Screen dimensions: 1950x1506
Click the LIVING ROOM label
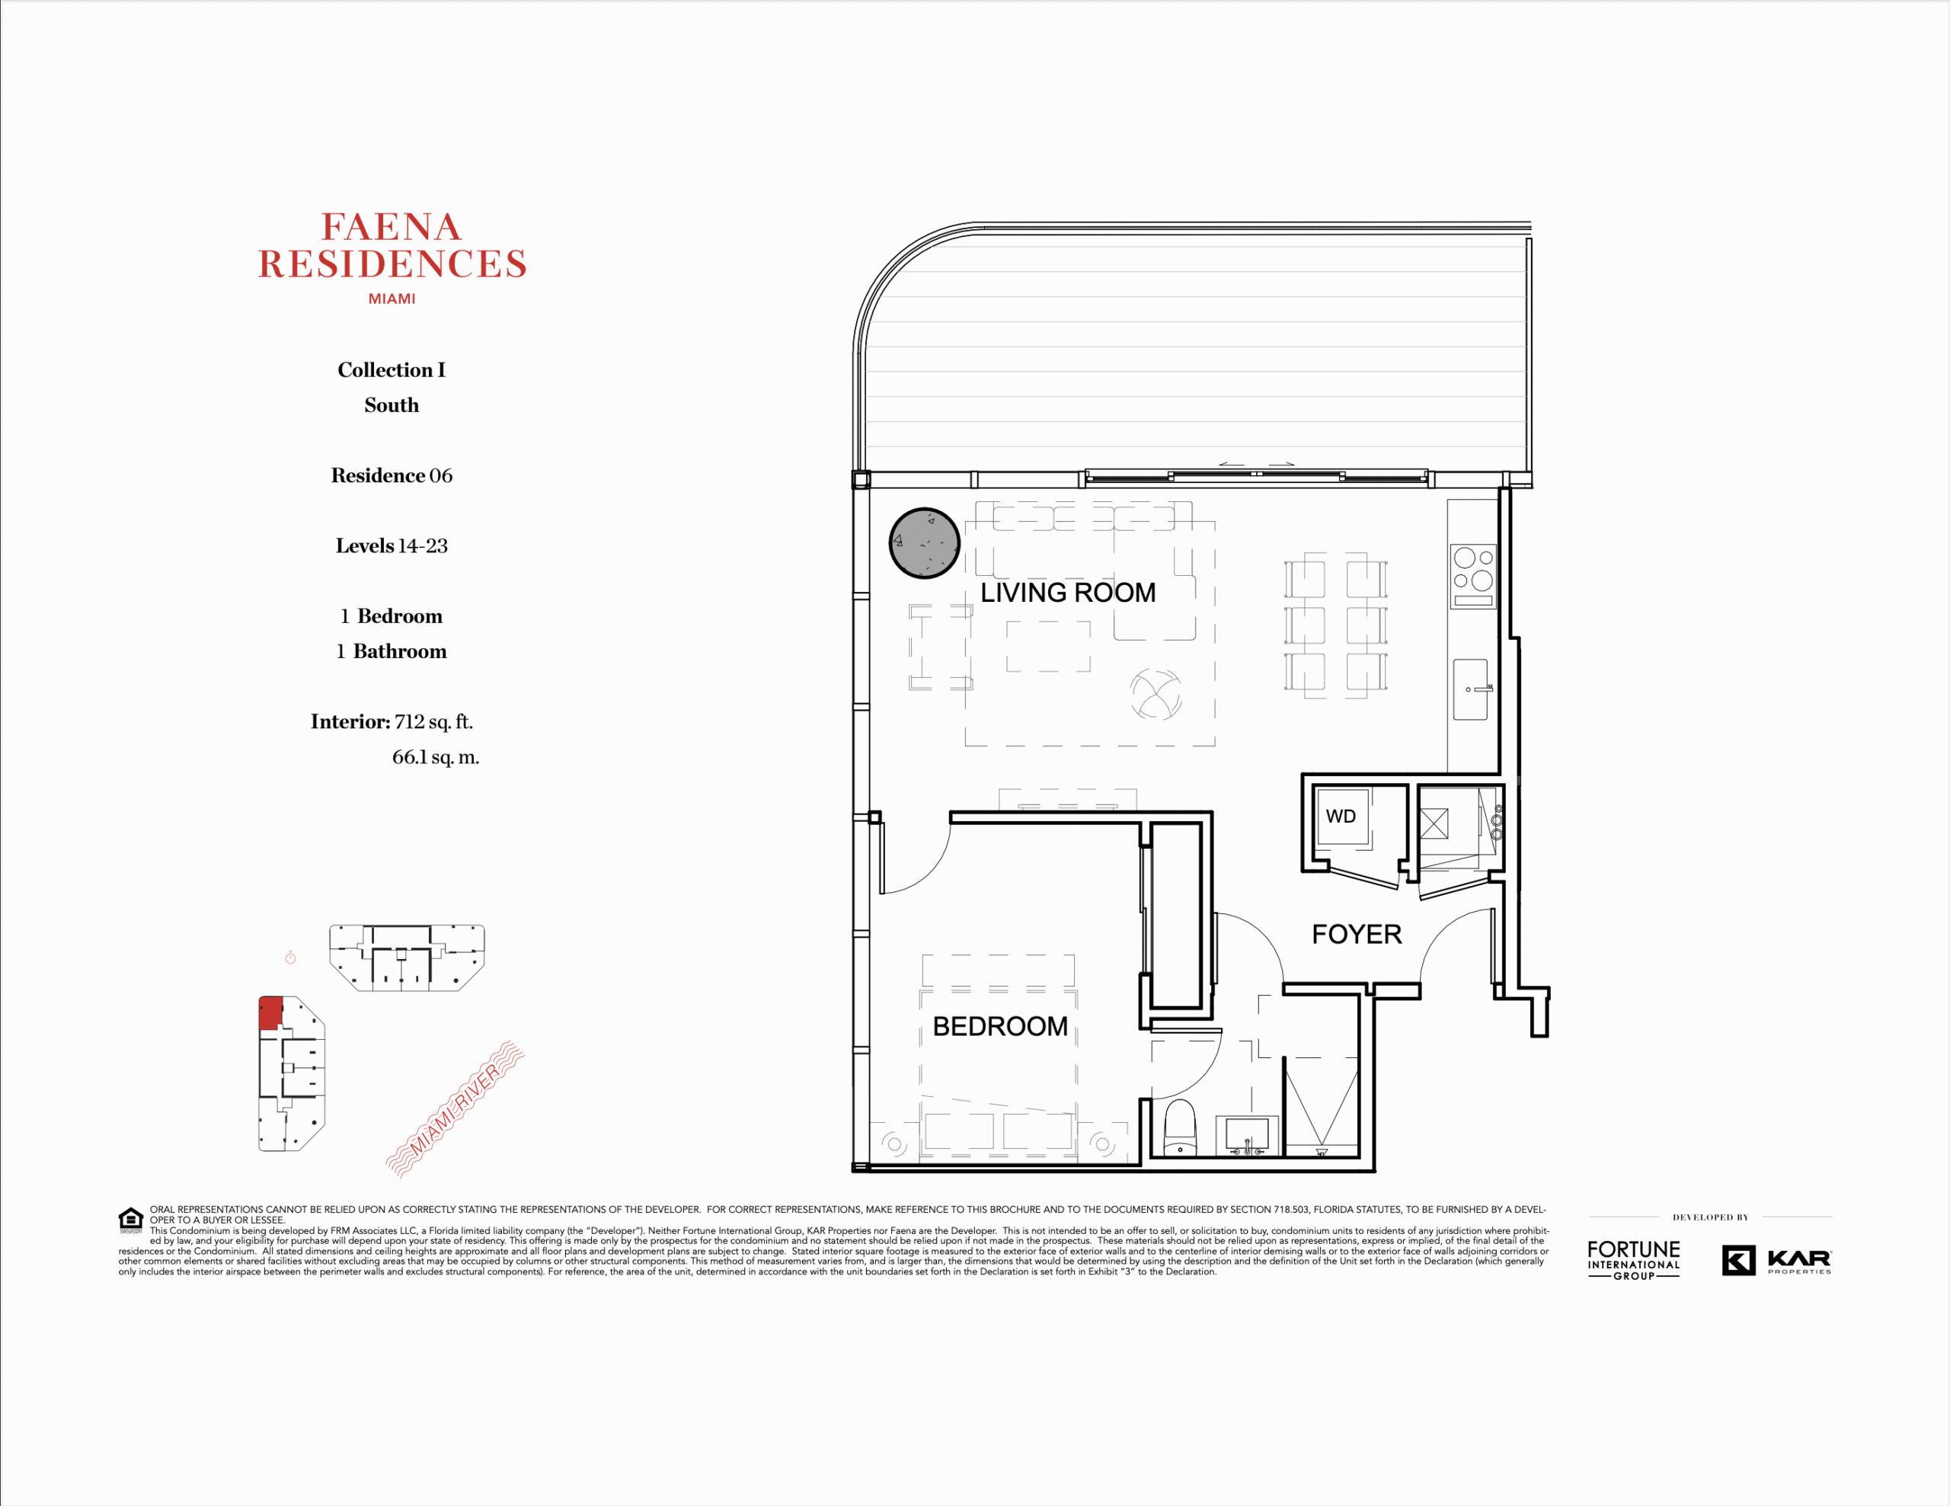click(1068, 593)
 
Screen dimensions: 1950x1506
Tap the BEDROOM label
click(1000, 1027)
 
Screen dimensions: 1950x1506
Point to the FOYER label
click(1357, 935)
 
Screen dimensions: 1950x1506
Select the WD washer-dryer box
click(1341, 817)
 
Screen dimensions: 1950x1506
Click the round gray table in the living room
click(924, 543)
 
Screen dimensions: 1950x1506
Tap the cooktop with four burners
click(1472, 577)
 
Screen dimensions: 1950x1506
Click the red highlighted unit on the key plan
click(270, 1013)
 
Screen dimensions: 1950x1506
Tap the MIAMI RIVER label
click(456, 1109)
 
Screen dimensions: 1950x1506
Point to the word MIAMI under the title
click(392, 299)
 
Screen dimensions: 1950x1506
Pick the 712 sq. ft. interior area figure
click(434, 721)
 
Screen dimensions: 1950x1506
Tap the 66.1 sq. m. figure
click(436, 757)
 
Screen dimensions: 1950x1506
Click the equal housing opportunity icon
click(131, 1220)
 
